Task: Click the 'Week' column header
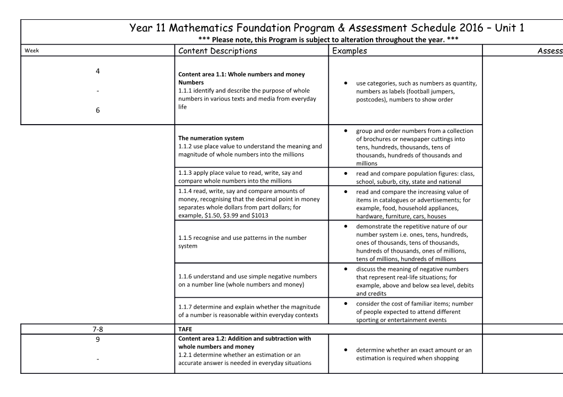coord(30,51)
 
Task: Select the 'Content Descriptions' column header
coord(217,51)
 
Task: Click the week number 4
coord(98,71)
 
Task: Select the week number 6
coord(98,110)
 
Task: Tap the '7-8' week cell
coord(98,329)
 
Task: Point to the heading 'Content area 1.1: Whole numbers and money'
coord(242,74)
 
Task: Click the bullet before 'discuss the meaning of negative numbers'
coord(345,269)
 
